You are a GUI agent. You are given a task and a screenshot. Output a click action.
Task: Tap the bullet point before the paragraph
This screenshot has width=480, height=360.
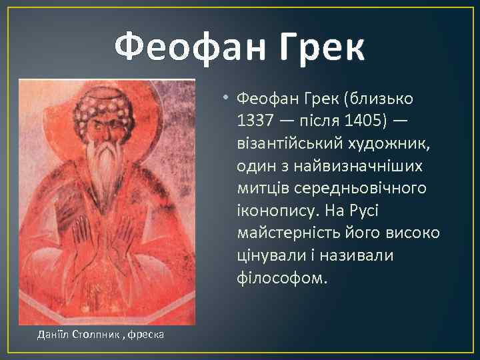pos(227,99)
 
